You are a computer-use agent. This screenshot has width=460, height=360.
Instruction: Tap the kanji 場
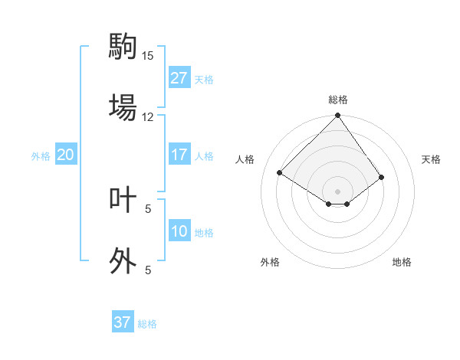(x=122, y=106)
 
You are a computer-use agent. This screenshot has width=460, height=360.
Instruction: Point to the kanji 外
(x=122, y=260)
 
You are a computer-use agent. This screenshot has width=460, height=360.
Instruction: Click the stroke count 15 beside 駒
(x=148, y=55)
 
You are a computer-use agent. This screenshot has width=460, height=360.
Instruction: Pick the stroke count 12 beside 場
(x=148, y=116)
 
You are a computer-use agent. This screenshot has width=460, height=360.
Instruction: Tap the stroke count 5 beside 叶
(x=148, y=208)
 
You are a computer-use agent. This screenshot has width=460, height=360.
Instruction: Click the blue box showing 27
(x=179, y=78)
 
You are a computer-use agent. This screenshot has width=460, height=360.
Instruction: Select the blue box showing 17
(x=179, y=155)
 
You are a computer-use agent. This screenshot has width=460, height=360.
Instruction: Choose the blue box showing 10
(x=179, y=231)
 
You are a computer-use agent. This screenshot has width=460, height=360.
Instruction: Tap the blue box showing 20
(x=65, y=155)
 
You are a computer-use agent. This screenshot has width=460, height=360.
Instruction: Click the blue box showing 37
(x=123, y=322)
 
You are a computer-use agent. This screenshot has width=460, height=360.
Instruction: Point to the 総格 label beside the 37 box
(x=147, y=324)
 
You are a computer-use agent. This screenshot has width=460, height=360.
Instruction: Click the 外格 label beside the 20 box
(x=41, y=156)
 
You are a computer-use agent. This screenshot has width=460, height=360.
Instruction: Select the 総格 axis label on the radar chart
(x=338, y=100)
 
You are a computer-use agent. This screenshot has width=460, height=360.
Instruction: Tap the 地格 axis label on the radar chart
(x=402, y=262)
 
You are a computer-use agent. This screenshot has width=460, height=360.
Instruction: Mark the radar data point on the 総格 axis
(x=337, y=116)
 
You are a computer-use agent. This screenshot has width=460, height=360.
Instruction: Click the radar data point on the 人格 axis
(x=280, y=173)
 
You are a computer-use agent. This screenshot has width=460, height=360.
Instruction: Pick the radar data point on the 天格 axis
(x=381, y=178)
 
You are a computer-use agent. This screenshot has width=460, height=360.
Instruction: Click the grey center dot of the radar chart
(x=337, y=191)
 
